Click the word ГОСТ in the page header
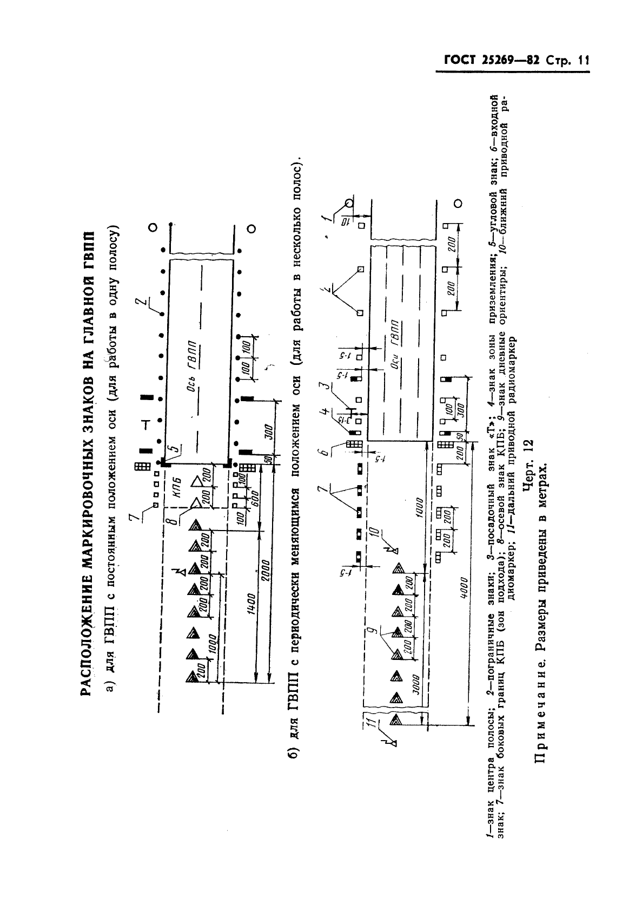[x=461, y=61]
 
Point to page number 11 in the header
[x=582, y=61]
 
